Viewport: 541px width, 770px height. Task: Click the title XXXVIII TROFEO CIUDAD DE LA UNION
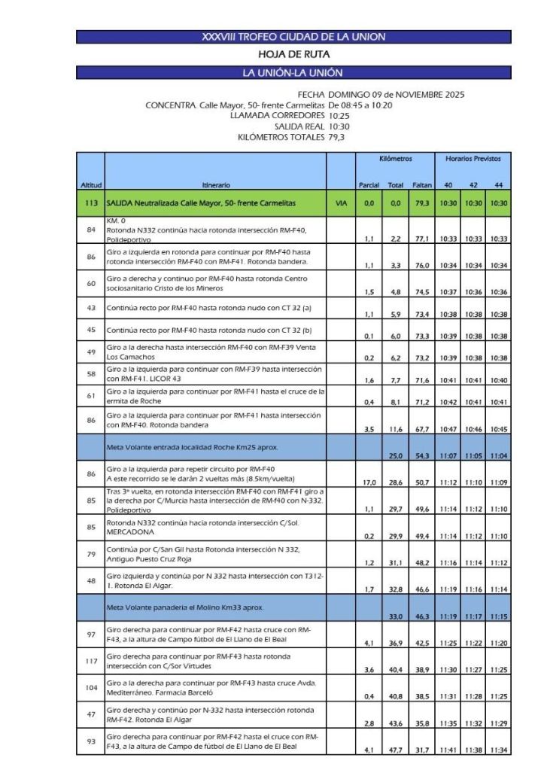[x=293, y=37]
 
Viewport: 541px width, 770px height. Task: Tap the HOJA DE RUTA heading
[x=293, y=54]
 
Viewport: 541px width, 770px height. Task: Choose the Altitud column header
[x=90, y=184]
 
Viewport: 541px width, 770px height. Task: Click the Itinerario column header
[x=216, y=184]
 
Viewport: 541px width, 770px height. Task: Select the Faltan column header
[x=422, y=184]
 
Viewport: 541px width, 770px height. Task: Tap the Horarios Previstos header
[x=473, y=159]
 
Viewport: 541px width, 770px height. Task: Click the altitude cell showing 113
[x=90, y=203]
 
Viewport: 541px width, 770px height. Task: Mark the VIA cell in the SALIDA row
[x=341, y=203]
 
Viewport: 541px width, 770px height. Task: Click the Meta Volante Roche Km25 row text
[x=189, y=447]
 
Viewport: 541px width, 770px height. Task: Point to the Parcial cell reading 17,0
[x=369, y=482]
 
